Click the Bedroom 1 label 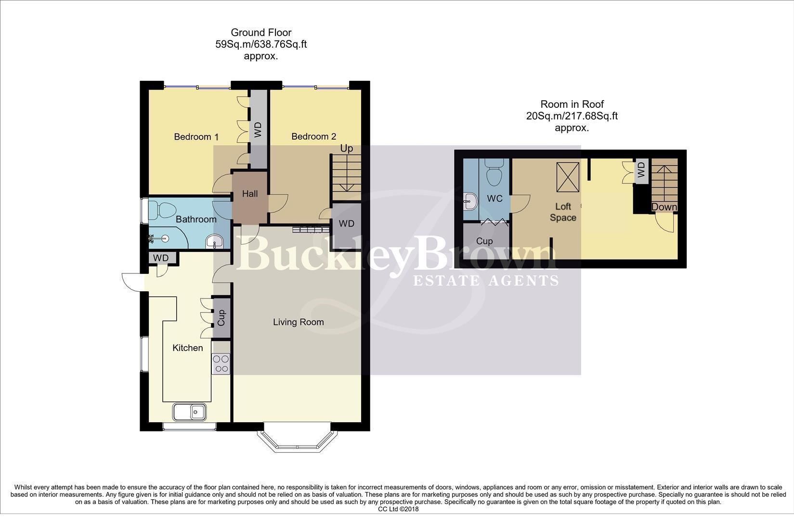point(193,137)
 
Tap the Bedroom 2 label point(313,136)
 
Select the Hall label point(249,194)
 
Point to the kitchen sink point(189,412)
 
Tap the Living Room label point(298,322)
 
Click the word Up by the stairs point(346,148)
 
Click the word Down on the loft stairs point(664,207)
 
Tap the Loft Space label point(563,212)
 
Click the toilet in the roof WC point(495,174)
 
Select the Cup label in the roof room point(484,241)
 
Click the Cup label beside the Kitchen point(221,318)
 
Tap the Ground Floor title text point(261,33)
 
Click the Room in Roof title point(572,104)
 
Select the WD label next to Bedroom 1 point(258,130)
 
